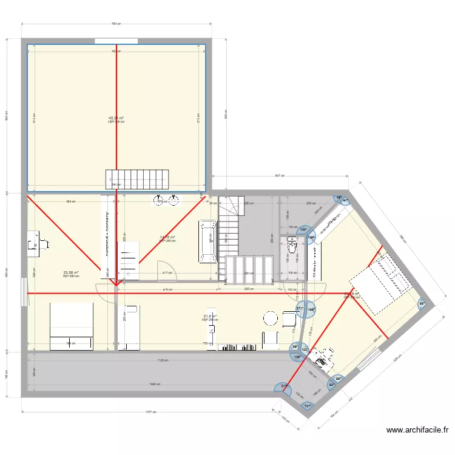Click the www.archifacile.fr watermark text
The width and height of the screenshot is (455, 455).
point(417,430)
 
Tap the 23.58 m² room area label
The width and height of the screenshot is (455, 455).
point(71,273)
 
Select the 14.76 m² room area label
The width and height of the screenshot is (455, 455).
point(167,237)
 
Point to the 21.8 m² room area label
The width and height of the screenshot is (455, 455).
point(210,316)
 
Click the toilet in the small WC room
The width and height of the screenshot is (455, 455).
point(292,246)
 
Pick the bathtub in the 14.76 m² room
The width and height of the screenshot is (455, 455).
point(207,242)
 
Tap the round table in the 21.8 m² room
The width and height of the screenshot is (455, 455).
point(270,318)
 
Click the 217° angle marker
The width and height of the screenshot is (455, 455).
point(284,387)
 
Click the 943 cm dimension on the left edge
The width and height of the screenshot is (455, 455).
point(7,115)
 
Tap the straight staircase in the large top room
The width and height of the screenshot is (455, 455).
point(138,178)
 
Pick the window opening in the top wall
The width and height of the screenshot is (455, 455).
point(115,41)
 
